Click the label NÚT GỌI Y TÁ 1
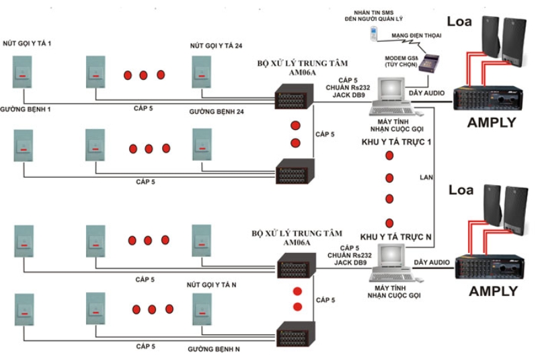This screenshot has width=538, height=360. (26, 44)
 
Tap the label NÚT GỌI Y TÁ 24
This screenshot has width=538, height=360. (215, 46)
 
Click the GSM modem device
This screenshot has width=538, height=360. (428, 63)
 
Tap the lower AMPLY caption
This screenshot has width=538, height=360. (493, 291)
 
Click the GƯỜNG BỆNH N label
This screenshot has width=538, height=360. (215, 349)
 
